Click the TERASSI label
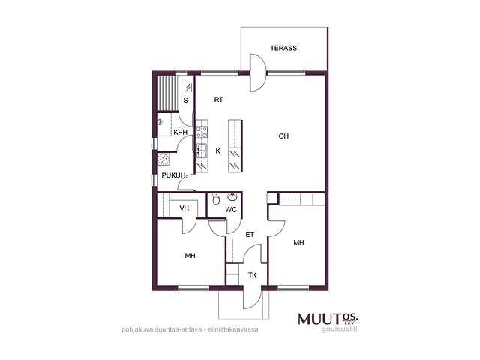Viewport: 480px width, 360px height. pyautogui.click(x=284, y=48)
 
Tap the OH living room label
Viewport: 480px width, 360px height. pyautogui.click(x=283, y=136)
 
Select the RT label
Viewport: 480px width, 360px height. pyautogui.click(x=218, y=100)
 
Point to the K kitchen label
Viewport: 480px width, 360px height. pyautogui.click(x=218, y=151)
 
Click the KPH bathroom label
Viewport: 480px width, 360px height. pyautogui.click(x=180, y=133)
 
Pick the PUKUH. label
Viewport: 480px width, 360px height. pyautogui.click(x=174, y=175)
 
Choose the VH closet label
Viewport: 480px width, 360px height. pyautogui.click(x=184, y=208)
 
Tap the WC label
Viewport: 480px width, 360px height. pyautogui.click(x=231, y=210)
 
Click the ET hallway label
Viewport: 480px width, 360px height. pyautogui.click(x=250, y=235)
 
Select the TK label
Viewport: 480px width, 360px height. pyautogui.click(x=252, y=275)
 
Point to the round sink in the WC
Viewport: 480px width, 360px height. pyautogui.click(x=233, y=196)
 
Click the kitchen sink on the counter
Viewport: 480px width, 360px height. pyautogui.click(x=202, y=151)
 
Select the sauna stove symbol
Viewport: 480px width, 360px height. pyautogui.click(x=188, y=88)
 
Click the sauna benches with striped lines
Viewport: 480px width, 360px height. pyautogui.click(x=167, y=93)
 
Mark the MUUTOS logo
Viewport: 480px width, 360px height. pyautogui.click(x=328, y=319)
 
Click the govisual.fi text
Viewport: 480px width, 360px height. pyautogui.click(x=340, y=329)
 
